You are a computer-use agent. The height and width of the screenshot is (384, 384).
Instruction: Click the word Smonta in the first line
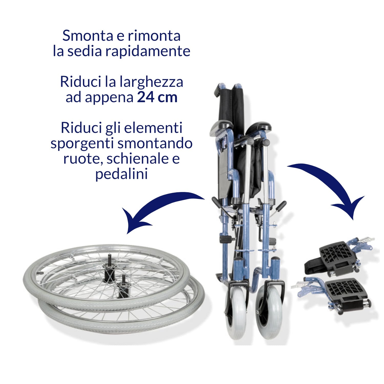(x=88, y=36)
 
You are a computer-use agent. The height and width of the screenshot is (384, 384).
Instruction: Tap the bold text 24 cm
(x=157, y=97)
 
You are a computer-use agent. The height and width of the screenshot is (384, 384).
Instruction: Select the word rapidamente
(x=148, y=51)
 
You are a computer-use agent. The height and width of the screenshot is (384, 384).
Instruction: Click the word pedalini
(x=122, y=174)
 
